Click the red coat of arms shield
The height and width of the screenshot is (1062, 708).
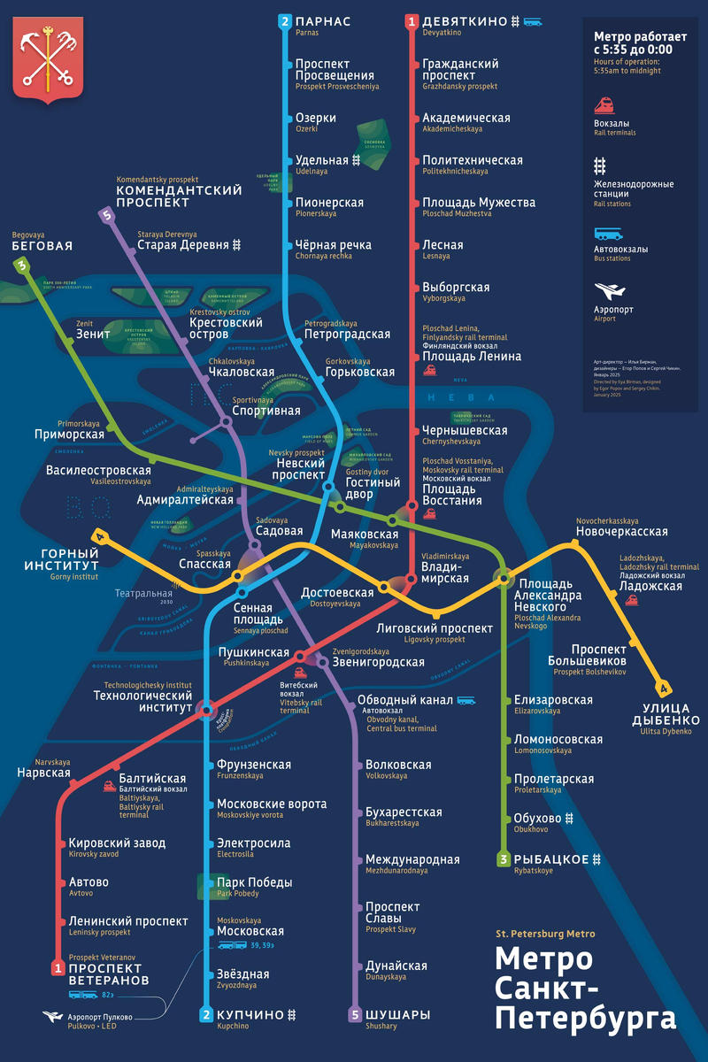click(x=48, y=61)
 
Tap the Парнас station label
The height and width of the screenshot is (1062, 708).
click(x=323, y=21)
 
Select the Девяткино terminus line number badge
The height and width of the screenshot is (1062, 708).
click(x=412, y=21)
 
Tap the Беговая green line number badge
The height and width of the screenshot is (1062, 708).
click(x=21, y=265)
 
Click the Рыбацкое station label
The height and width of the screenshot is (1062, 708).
click(x=552, y=858)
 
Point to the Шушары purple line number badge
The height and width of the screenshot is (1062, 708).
click(x=355, y=1014)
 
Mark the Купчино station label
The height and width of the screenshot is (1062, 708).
click(x=250, y=1014)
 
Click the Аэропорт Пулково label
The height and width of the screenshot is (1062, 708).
click(x=100, y=1017)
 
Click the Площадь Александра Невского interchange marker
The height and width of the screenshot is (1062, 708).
click(x=504, y=578)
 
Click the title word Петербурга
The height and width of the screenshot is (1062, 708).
click(x=584, y=1017)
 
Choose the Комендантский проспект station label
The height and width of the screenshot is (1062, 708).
click(x=180, y=196)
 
